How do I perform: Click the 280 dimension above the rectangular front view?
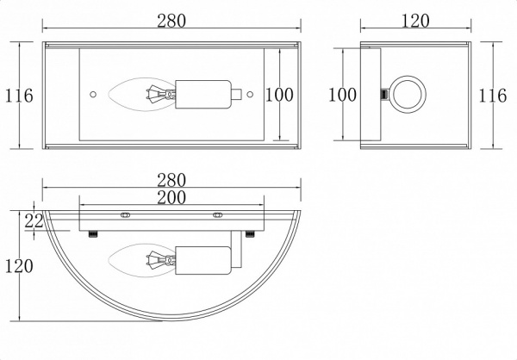[x=171, y=21]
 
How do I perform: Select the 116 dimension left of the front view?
[x=19, y=96]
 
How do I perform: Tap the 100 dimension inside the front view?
[x=279, y=95]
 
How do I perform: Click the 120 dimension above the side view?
[x=415, y=21]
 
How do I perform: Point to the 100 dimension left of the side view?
[x=342, y=95]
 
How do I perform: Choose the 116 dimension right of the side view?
[x=492, y=96]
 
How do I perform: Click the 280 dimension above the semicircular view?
[x=171, y=180]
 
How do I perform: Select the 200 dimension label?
[x=171, y=198]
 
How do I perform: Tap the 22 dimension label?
[x=34, y=220]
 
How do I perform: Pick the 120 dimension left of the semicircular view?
[x=19, y=266]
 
